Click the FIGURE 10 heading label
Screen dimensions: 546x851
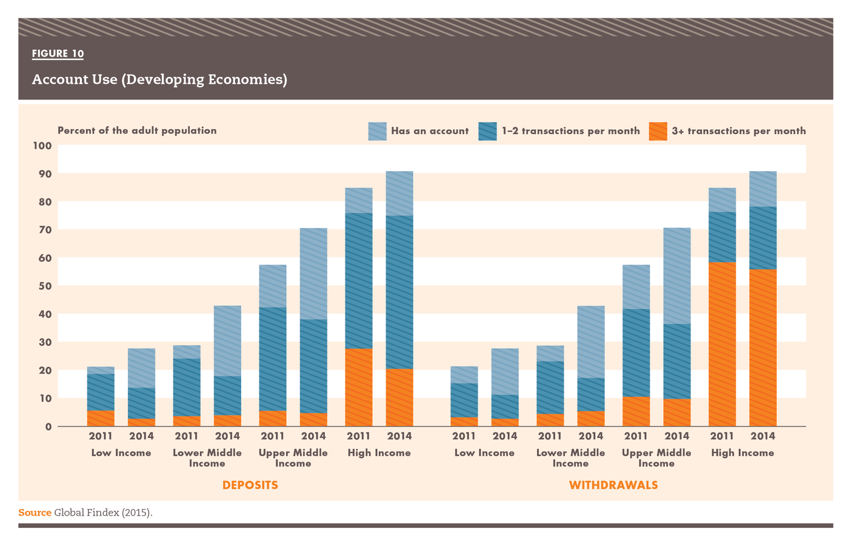pos(58,53)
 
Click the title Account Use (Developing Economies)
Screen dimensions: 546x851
pos(159,79)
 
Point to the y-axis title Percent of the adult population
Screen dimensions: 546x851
pos(137,130)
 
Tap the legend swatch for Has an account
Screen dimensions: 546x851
pos(377,131)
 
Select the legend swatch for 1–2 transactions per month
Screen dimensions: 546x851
pos(487,131)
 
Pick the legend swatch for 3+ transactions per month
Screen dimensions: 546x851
pos(658,131)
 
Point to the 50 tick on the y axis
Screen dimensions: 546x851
pos(45,286)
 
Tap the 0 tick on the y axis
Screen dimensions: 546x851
pos(48,426)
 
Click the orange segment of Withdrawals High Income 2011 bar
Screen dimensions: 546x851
pos(722,344)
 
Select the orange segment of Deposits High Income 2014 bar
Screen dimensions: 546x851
pos(399,397)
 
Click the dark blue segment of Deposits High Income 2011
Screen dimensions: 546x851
pos(358,281)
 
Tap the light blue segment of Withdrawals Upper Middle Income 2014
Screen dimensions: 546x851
pos(676,276)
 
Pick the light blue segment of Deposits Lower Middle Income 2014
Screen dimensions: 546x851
pos(227,341)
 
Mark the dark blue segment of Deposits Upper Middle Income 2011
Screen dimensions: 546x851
pos(272,359)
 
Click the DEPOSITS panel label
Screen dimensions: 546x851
pos(250,485)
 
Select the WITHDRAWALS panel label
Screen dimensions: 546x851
pos(613,485)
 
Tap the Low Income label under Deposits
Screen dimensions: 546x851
pos(121,453)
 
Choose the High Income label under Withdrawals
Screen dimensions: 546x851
pos(743,453)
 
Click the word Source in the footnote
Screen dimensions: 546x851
pos(35,513)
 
